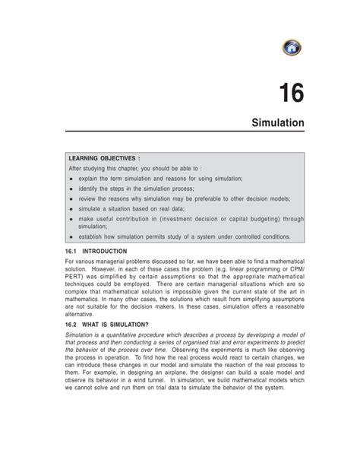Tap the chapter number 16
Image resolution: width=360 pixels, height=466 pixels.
(x=289, y=94)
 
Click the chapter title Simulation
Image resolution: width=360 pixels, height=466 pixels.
(x=279, y=122)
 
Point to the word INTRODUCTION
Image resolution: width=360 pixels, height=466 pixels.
(x=106, y=250)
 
